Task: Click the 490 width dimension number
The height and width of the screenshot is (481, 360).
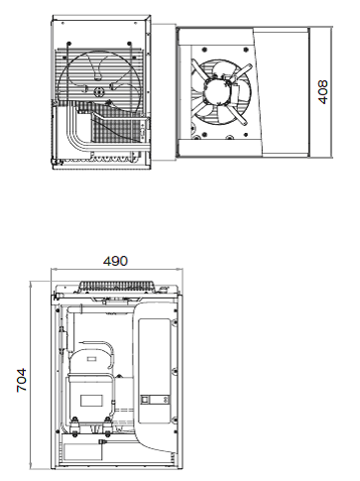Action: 115,261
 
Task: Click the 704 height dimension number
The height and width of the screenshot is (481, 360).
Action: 22,380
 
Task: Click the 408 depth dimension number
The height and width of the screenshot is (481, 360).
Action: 322,91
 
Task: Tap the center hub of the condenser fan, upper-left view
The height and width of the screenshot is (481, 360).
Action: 99,92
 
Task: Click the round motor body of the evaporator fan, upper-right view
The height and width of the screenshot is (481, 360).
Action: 217,91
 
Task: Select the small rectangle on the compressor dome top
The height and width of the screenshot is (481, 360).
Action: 91,359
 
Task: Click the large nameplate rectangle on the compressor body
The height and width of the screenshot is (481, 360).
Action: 91,401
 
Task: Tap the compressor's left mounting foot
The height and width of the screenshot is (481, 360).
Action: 74,425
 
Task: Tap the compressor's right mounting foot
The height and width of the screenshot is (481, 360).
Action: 107,425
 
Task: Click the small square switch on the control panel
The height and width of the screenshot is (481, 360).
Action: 145,400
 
